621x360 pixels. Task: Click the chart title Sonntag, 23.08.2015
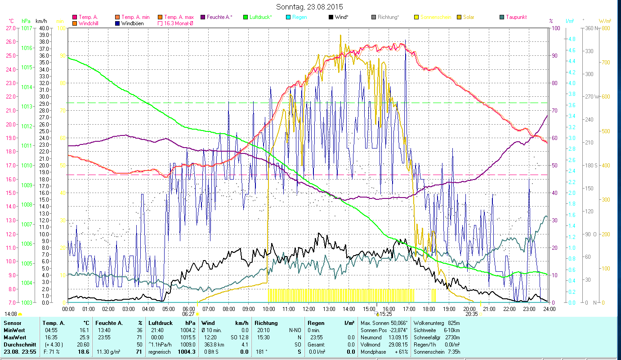[x=310, y=7]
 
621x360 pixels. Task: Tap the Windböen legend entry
[x=132, y=23]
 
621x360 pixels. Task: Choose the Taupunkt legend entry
[x=516, y=17]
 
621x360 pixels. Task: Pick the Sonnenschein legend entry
[x=437, y=17]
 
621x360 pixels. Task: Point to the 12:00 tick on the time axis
[x=308, y=309]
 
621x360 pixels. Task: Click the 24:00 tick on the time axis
[x=549, y=309]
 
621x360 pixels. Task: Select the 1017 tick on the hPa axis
[x=26, y=28]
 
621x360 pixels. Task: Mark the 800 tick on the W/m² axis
[x=605, y=28]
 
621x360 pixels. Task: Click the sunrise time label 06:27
[x=188, y=314]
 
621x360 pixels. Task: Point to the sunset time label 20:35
[x=472, y=314]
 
